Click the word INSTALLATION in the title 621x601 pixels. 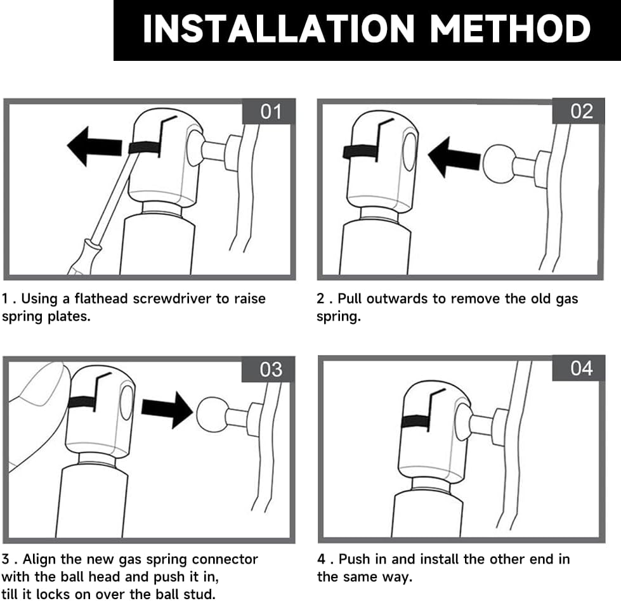(278, 29)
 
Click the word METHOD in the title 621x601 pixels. (511, 29)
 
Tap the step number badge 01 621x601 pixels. (269, 111)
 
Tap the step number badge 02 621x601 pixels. (579, 111)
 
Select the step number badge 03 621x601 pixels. (269, 369)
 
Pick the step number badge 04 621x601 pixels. (579, 368)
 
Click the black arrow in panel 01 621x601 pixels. (95, 146)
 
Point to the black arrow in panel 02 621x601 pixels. (454, 158)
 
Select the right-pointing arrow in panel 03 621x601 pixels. (167, 411)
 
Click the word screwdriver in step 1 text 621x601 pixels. (173, 299)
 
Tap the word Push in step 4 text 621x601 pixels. (353, 559)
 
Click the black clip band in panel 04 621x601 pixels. (415, 422)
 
